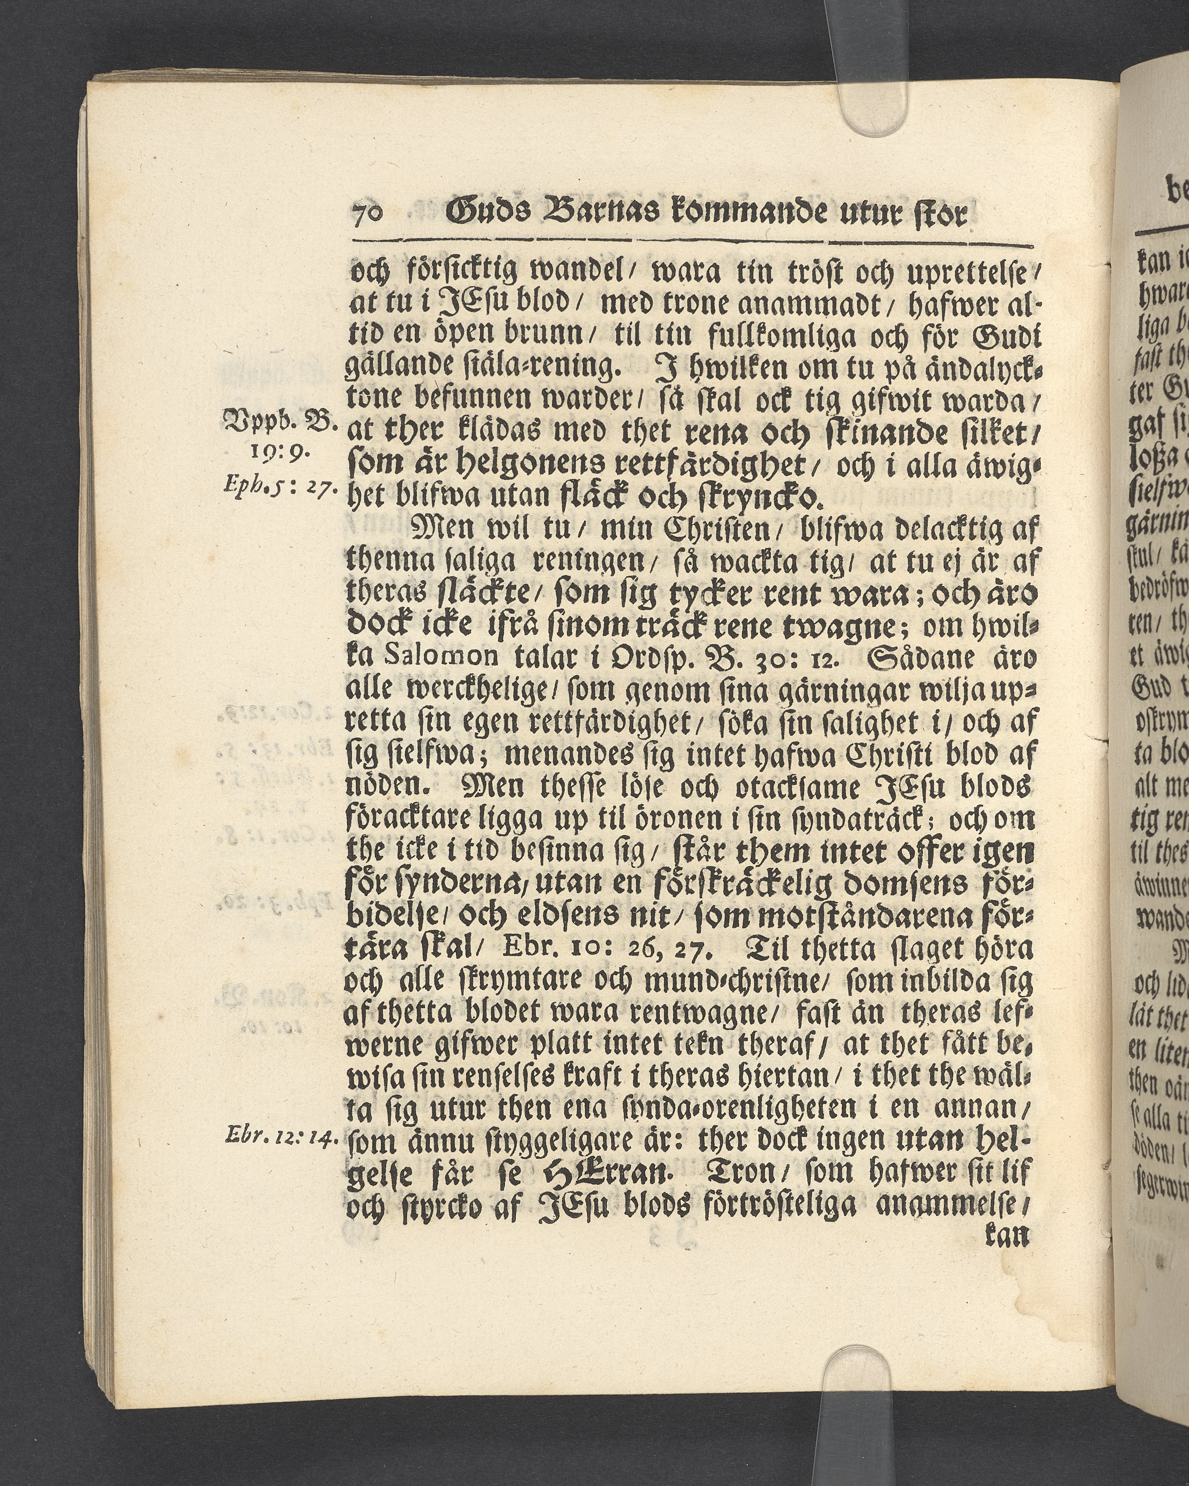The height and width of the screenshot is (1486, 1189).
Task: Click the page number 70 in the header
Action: [x=369, y=216]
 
